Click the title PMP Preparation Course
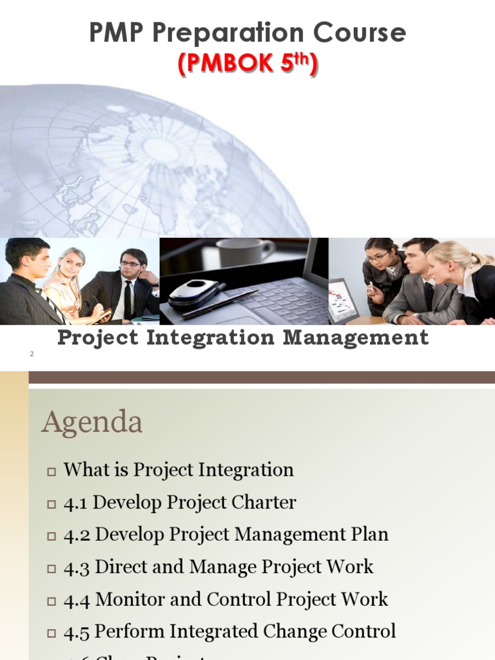(x=247, y=32)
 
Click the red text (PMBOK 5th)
(x=247, y=64)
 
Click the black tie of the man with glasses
(x=128, y=300)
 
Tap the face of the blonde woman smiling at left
(x=72, y=265)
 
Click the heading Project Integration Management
(x=243, y=337)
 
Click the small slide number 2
(x=31, y=354)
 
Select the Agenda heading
(x=92, y=423)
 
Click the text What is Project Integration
(x=179, y=470)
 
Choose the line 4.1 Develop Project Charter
(x=180, y=503)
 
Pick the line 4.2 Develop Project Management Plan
(x=226, y=534)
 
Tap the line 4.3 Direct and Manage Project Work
(x=218, y=567)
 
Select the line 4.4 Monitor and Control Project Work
(x=226, y=599)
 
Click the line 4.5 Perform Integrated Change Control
(x=229, y=631)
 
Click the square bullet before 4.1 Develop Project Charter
(x=52, y=504)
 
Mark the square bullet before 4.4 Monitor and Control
(x=52, y=601)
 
